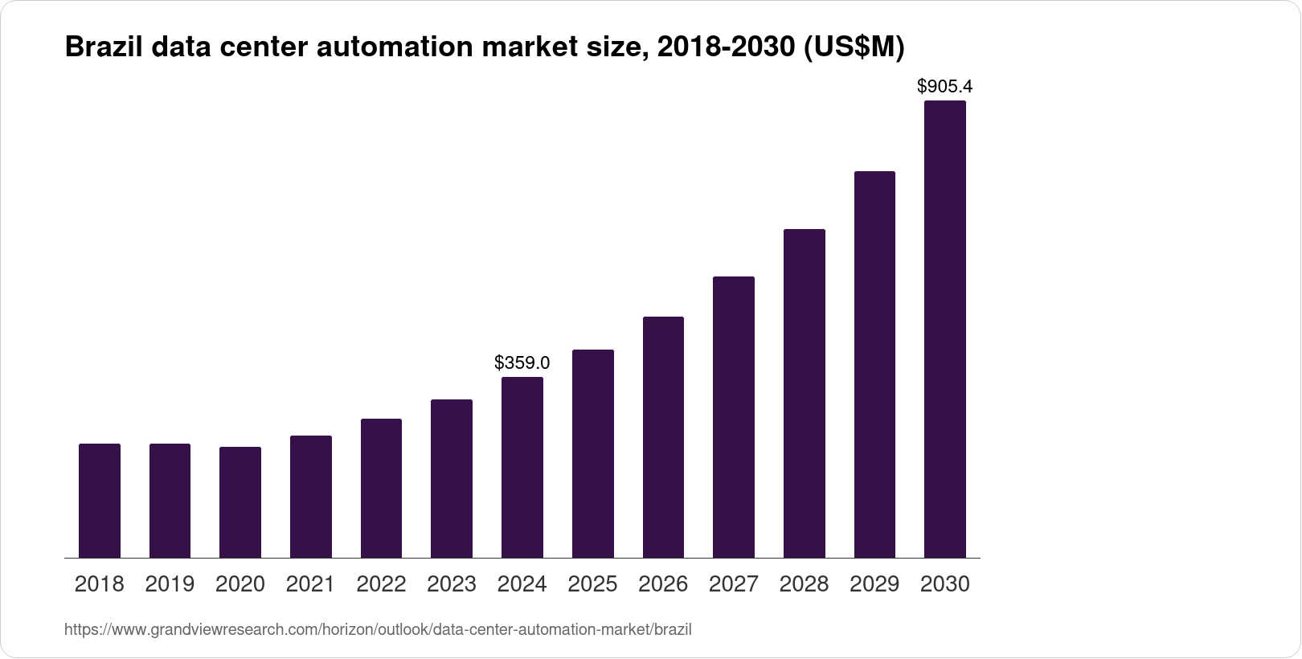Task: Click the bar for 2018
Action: click(100, 501)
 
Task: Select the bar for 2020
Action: click(240, 502)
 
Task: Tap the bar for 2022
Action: click(381, 488)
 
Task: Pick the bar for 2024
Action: click(522, 467)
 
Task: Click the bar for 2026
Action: click(663, 437)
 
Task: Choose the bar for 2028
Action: click(804, 393)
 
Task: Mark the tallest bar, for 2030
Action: click(945, 329)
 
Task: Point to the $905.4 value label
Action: click(945, 86)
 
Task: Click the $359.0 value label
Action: click(522, 362)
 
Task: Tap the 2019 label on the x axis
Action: click(170, 584)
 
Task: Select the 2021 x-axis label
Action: click(310, 584)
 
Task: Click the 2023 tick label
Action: click(452, 584)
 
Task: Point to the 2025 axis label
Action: click(592, 584)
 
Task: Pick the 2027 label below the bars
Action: click(734, 584)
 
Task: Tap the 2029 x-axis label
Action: click(874, 584)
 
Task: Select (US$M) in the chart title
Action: click(854, 47)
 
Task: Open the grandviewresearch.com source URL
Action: click(378, 629)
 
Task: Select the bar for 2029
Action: click(874, 364)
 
